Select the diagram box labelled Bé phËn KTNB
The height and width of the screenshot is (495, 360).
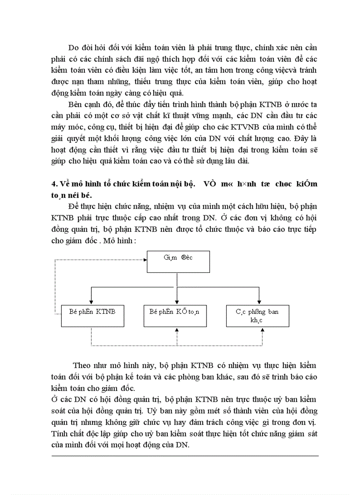[91, 316]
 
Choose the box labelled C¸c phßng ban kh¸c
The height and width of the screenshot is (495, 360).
[257, 316]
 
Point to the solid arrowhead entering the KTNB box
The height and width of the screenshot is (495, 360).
[91, 302]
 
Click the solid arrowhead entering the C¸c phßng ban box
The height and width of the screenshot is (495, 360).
[258, 302]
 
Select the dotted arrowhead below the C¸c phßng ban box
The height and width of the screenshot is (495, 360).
[262, 330]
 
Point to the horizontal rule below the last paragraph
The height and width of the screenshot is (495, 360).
[185, 456]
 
